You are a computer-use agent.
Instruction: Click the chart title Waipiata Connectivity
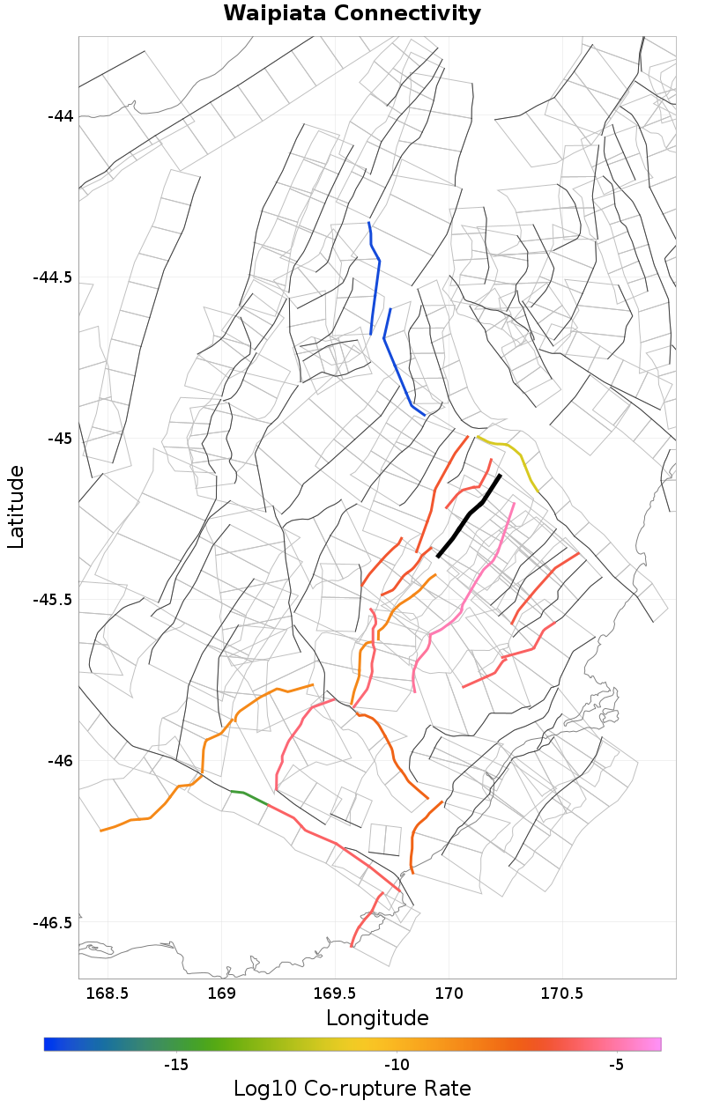point(352,14)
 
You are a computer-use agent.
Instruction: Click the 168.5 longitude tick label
point(108,994)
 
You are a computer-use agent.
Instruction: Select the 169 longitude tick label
point(221,994)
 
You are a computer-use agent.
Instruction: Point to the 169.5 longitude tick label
point(336,994)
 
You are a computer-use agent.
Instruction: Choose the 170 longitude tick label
point(449,994)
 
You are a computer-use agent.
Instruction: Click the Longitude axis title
point(377,1018)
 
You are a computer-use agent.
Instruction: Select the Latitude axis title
point(16,507)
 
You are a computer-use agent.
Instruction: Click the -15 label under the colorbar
point(176,1065)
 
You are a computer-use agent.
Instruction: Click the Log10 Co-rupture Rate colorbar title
point(352,1088)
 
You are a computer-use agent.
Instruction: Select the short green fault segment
point(249,797)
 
